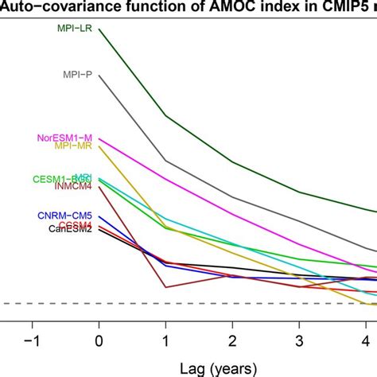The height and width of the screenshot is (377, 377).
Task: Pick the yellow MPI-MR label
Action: (x=73, y=146)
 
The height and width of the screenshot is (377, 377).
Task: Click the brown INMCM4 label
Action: (x=73, y=188)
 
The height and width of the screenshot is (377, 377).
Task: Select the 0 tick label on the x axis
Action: (x=99, y=340)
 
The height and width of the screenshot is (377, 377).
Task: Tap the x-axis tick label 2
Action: (x=232, y=340)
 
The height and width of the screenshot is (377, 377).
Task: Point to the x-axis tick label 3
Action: (x=299, y=340)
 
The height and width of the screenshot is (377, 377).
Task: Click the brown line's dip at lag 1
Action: (x=165, y=287)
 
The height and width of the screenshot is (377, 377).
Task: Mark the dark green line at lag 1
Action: (x=165, y=115)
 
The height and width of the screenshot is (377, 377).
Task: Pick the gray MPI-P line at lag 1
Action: (x=165, y=161)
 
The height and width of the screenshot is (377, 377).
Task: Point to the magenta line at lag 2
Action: (x=232, y=211)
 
